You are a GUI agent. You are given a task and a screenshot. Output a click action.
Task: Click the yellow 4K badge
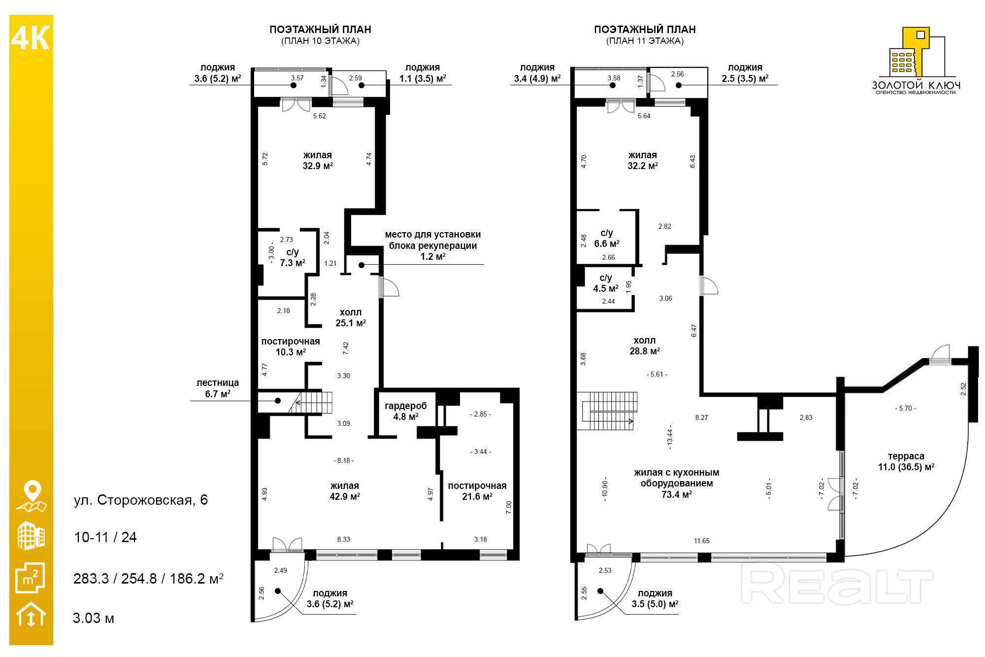(x=31, y=38)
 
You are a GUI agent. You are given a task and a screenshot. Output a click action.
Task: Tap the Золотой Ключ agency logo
(x=916, y=61)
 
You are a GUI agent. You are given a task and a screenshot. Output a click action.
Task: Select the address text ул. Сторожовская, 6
(x=141, y=500)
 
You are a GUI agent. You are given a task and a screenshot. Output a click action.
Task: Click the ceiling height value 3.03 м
(x=94, y=618)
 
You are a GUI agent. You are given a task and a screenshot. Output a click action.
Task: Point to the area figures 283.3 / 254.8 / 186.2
(x=148, y=579)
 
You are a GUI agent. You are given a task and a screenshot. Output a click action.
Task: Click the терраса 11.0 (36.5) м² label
(x=906, y=461)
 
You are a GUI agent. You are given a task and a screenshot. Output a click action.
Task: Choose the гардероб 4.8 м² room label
(x=406, y=411)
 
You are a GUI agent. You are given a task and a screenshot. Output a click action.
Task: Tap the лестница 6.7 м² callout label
(x=218, y=388)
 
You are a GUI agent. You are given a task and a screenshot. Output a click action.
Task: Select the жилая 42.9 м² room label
(x=345, y=491)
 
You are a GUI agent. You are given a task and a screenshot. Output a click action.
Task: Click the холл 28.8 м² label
(x=645, y=346)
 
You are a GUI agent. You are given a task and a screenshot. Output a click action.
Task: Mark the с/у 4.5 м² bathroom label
(x=606, y=283)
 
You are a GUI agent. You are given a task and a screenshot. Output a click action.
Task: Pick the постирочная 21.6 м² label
(x=477, y=491)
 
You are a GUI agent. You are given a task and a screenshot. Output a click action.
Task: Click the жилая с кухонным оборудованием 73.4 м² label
(x=677, y=483)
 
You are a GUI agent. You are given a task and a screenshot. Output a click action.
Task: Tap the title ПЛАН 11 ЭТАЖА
(x=645, y=41)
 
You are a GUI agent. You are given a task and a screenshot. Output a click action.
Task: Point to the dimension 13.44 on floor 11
(x=670, y=437)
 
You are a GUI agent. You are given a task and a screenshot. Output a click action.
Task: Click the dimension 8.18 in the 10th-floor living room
(x=344, y=460)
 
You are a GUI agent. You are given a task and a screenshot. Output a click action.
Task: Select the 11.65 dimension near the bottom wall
(x=702, y=541)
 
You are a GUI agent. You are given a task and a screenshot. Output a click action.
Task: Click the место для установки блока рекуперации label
(x=433, y=245)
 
